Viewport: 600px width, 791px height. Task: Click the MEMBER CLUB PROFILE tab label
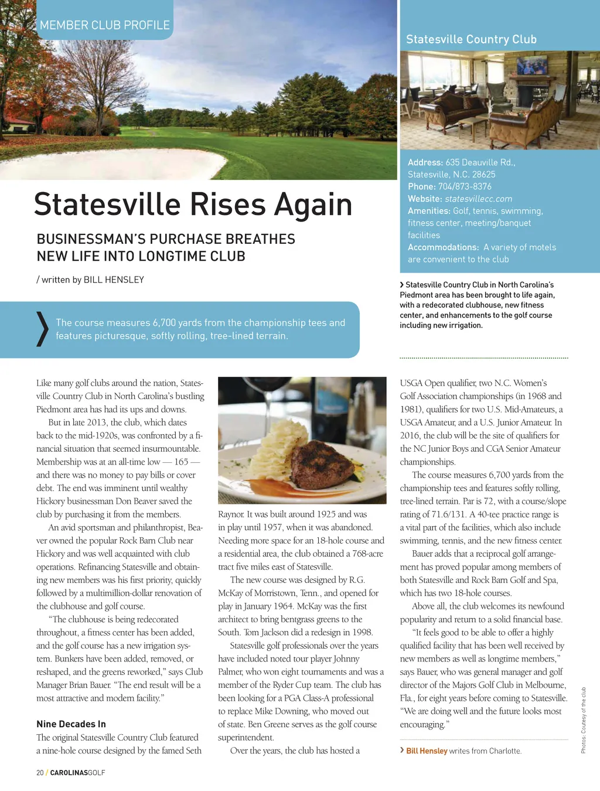104,25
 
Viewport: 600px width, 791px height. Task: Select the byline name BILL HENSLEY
114,280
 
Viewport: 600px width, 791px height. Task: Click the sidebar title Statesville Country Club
471,39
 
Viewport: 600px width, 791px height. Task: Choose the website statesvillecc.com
478,199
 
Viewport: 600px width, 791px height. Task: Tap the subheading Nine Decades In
71,724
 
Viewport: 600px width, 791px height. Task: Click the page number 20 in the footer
40,773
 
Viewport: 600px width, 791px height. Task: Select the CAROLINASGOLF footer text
78,773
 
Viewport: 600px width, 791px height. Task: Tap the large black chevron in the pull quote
42,329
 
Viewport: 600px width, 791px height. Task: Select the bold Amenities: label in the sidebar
429,211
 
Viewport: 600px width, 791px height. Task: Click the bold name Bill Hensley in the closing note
427,751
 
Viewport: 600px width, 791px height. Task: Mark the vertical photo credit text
584,720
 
